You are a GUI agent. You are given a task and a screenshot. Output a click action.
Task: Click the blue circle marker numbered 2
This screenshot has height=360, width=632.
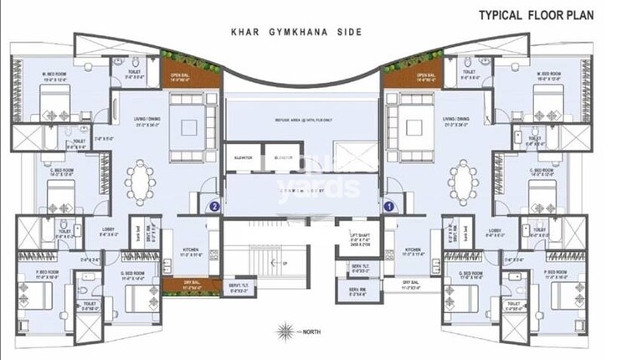[x=214, y=203]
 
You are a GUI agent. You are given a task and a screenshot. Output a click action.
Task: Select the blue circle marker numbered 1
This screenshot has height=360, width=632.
[x=388, y=203]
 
